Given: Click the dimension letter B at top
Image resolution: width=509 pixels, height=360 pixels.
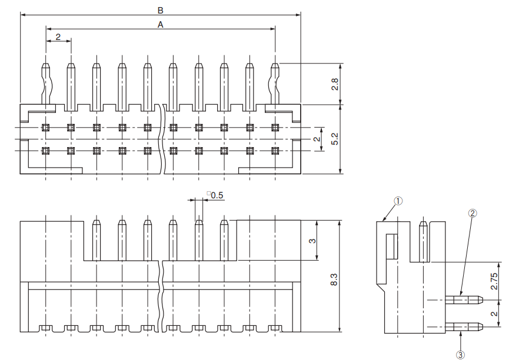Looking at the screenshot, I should tap(160, 9).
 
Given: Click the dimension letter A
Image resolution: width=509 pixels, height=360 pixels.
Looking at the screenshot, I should tap(160, 24).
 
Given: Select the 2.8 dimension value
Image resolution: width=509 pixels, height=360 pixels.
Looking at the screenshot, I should tap(334, 84).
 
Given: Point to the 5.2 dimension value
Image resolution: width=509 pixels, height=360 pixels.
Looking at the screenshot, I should tap(334, 139).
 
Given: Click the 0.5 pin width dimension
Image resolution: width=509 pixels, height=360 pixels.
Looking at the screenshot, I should tap(216, 195).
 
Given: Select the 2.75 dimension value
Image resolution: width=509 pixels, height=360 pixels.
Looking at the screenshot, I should tap(494, 281).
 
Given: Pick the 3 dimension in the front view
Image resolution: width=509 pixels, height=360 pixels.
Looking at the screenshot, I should tap(312, 240).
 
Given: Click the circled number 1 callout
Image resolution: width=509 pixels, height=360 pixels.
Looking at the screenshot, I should tap(398, 201).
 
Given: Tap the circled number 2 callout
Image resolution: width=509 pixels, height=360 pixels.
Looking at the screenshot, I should tap(472, 213).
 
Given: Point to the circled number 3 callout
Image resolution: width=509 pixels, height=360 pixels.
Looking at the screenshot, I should tap(460, 354).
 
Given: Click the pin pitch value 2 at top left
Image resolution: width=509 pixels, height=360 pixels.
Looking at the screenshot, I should tap(58, 36).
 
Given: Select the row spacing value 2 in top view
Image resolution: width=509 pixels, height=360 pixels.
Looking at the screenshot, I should tap(316, 139).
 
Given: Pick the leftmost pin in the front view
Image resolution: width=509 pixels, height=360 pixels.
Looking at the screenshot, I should tap(97, 239).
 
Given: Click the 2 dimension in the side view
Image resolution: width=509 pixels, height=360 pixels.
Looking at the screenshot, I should tap(494, 313).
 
